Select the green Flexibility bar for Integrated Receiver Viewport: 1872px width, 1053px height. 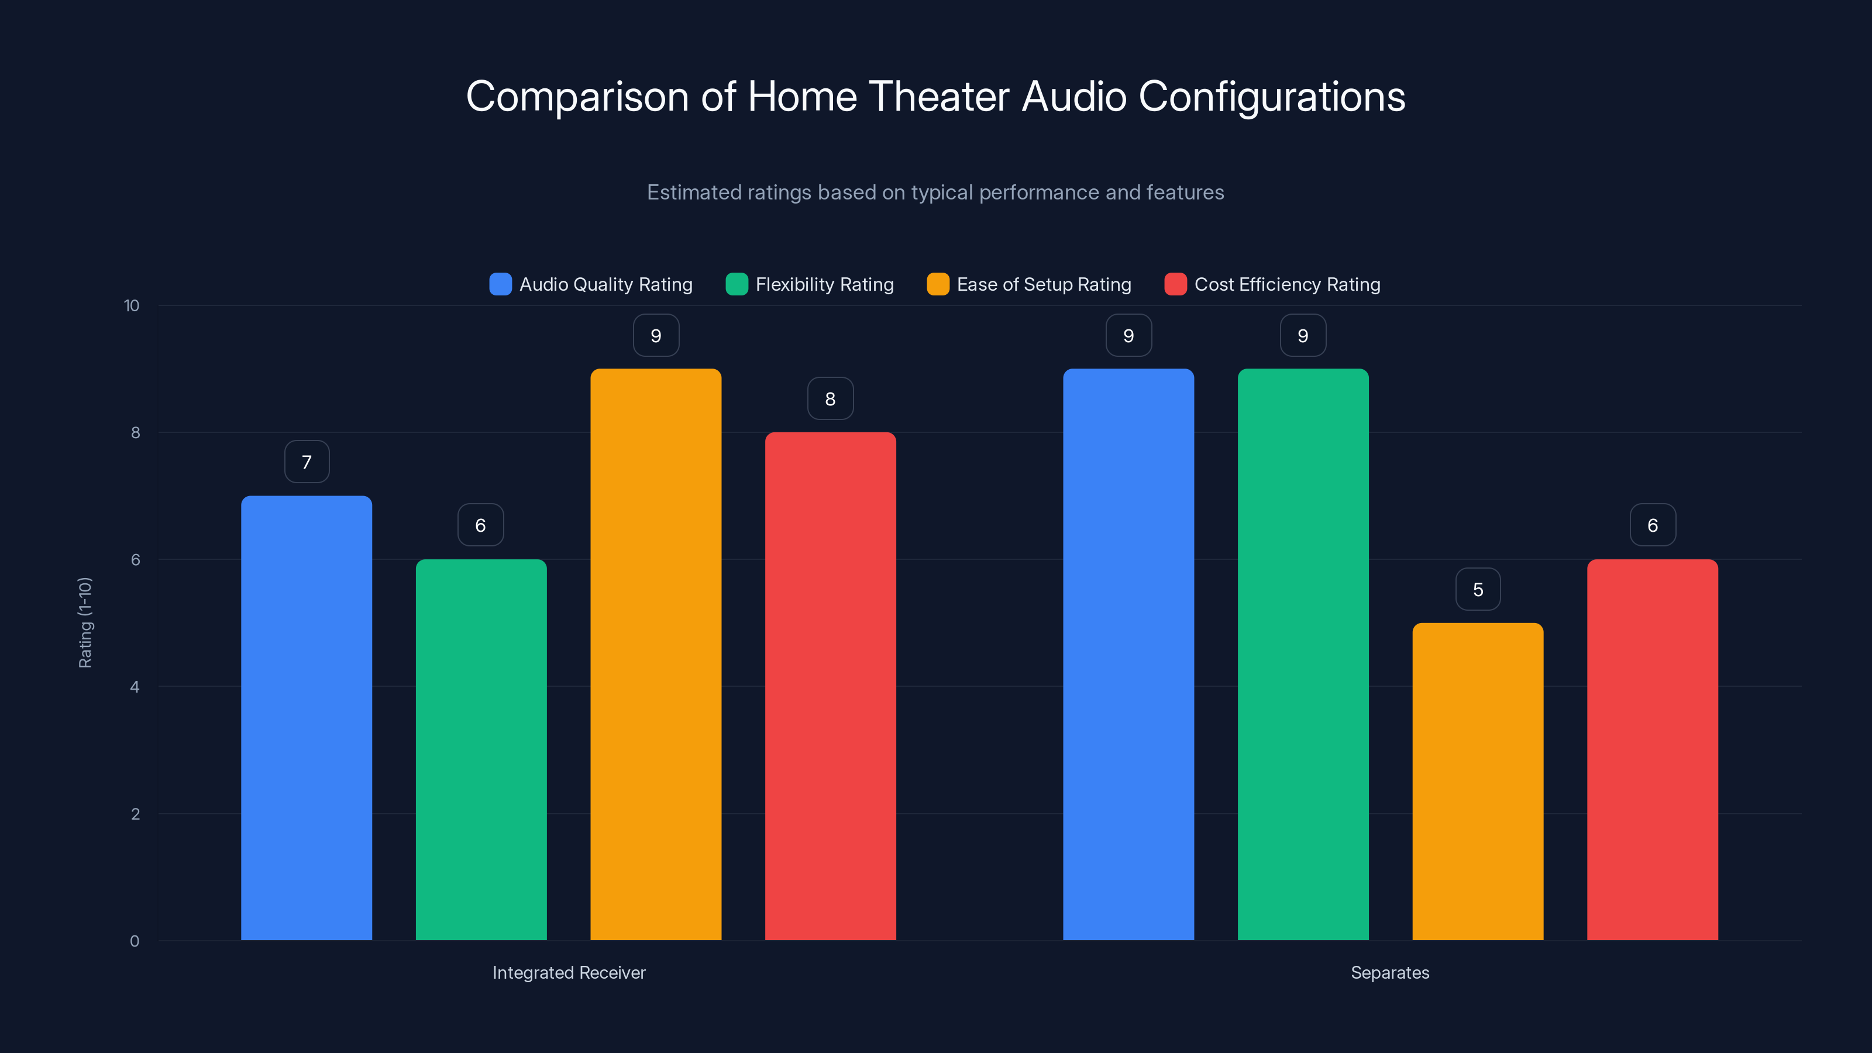click(x=480, y=749)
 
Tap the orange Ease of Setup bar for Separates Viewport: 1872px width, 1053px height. click(x=1477, y=781)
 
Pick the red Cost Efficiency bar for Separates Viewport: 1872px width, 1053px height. click(x=1652, y=749)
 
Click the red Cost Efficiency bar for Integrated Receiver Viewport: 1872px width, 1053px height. click(x=830, y=686)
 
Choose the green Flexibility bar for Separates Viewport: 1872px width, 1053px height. click(x=1303, y=654)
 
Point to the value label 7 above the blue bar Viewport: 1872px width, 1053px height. click(x=307, y=462)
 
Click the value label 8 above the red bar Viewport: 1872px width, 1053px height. click(x=830, y=399)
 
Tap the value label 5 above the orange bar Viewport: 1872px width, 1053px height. click(x=1477, y=589)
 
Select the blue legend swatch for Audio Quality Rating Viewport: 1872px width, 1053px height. click(x=500, y=284)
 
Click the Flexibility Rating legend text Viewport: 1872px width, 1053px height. click(x=824, y=284)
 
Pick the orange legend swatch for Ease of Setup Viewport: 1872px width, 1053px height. click(x=937, y=284)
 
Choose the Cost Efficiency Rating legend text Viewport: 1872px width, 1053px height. click(x=1287, y=284)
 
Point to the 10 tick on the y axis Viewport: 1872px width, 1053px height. click(x=132, y=306)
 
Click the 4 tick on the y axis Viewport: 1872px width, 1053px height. click(x=135, y=687)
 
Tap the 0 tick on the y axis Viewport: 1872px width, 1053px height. click(x=135, y=941)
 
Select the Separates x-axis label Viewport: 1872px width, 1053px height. click(x=1389, y=972)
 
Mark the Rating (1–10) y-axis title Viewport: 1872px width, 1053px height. click(x=85, y=622)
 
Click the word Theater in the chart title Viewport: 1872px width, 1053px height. click(x=939, y=97)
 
